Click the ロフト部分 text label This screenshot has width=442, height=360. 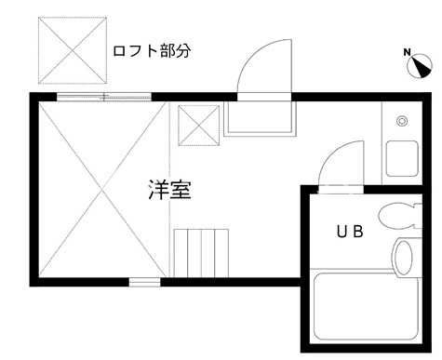[x=151, y=50]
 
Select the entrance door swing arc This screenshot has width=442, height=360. [x=263, y=70]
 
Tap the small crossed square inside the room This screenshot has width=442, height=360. [x=195, y=125]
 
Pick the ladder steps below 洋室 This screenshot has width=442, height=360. [x=201, y=250]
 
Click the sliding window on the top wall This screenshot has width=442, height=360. [x=103, y=96]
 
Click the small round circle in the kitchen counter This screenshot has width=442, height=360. [x=401, y=121]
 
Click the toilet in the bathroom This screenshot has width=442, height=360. [x=401, y=215]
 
